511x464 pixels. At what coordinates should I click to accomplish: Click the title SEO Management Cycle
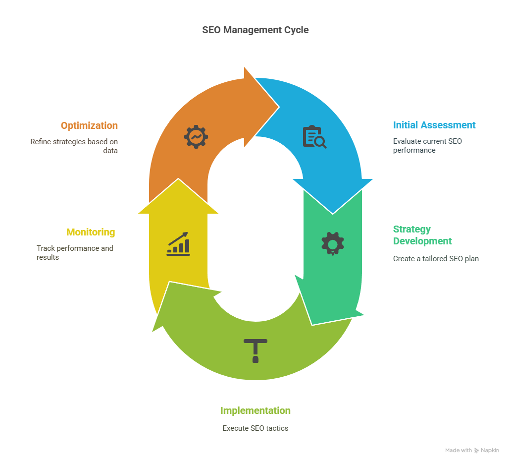click(x=255, y=30)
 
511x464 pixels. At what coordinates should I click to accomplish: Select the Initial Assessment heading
click(x=434, y=125)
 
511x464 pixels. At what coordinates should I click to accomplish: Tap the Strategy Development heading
click(x=422, y=235)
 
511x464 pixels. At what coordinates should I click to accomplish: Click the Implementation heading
click(x=255, y=410)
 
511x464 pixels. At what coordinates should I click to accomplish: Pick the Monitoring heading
click(x=91, y=232)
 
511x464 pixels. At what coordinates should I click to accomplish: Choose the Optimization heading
click(x=89, y=125)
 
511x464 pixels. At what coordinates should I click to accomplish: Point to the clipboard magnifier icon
click(x=314, y=137)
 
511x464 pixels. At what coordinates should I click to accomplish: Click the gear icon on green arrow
click(x=332, y=243)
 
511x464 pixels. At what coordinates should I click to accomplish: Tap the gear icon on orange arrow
click(x=196, y=137)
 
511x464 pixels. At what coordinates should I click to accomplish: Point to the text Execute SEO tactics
click(x=255, y=428)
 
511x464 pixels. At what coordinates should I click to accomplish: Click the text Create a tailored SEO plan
click(x=436, y=258)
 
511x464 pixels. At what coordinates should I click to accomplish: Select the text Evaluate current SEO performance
click(x=427, y=146)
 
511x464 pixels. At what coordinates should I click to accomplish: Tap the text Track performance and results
click(x=75, y=252)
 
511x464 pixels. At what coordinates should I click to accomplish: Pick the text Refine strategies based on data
click(x=74, y=146)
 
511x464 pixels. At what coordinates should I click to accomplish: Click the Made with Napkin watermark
click(x=472, y=450)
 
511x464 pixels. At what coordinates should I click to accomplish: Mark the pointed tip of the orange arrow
click(x=279, y=106)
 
